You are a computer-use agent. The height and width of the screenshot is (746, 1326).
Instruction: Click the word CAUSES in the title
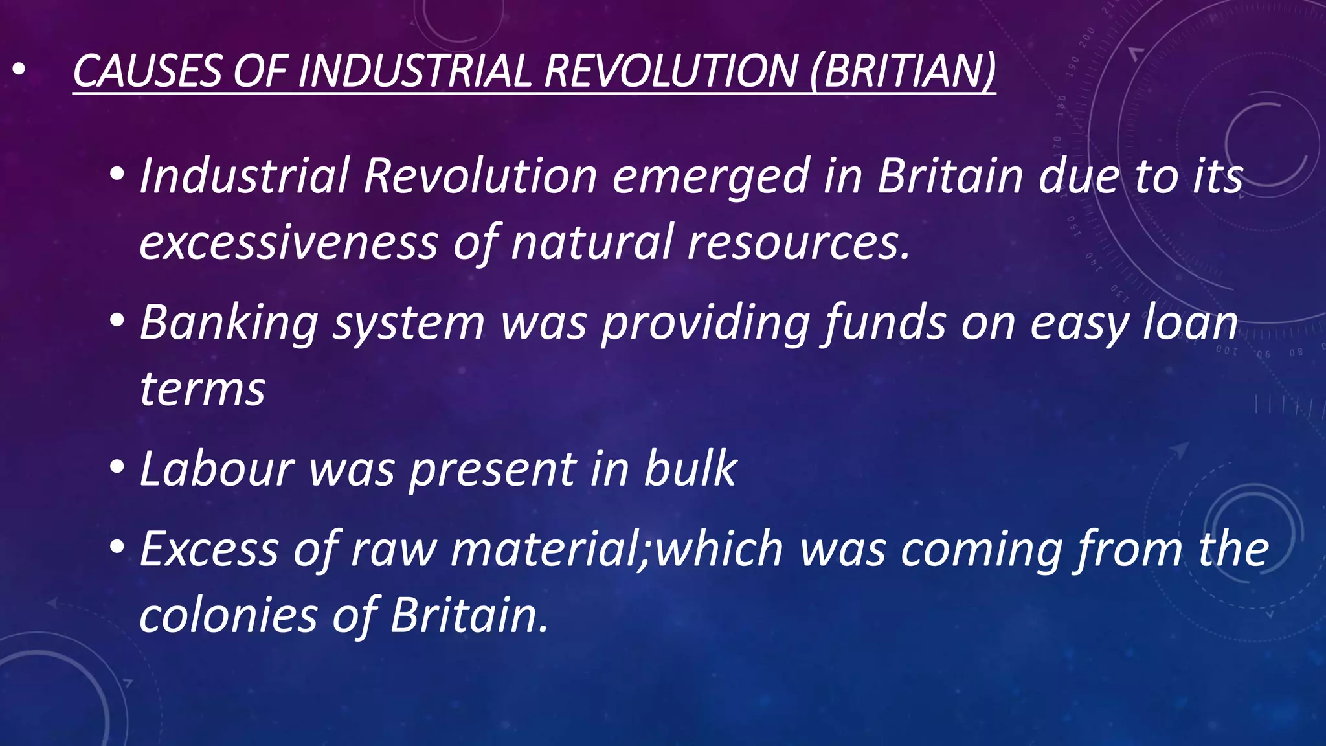pyautogui.click(x=147, y=71)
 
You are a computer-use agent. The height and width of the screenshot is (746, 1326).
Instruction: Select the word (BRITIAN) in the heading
pyautogui.click(x=903, y=71)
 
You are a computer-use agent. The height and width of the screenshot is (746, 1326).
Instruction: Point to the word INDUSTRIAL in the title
pyautogui.click(x=414, y=71)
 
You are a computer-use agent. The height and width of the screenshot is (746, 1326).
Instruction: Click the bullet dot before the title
pyautogui.click(x=18, y=70)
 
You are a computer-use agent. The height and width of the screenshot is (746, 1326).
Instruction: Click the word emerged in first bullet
pyautogui.click(x=710, y=176)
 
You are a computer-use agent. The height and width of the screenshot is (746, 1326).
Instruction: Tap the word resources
pyautogui.click(x=799, y=243)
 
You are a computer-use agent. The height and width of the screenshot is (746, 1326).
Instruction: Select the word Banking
pyautogui.click(x=229, y=322)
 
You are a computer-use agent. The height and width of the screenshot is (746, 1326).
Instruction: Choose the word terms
pyautogui.click(x=202, y=389)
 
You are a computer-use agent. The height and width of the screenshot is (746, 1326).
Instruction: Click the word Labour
pyautogui.click(x=217, y=468)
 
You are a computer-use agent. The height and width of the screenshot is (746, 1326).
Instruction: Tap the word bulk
pyautogui.click(x=690, y=468)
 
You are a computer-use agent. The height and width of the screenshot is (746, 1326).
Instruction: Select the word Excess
pyautogui.click(x=209, y=549)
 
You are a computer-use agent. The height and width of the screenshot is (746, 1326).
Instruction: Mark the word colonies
pyautogui.click(x=228, y=615)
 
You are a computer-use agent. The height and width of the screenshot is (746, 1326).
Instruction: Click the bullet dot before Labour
pyautogui.click(x=117, y=467)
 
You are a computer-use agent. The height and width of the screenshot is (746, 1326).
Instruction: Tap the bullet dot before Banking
pyautogui.click(x=117, y=321)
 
